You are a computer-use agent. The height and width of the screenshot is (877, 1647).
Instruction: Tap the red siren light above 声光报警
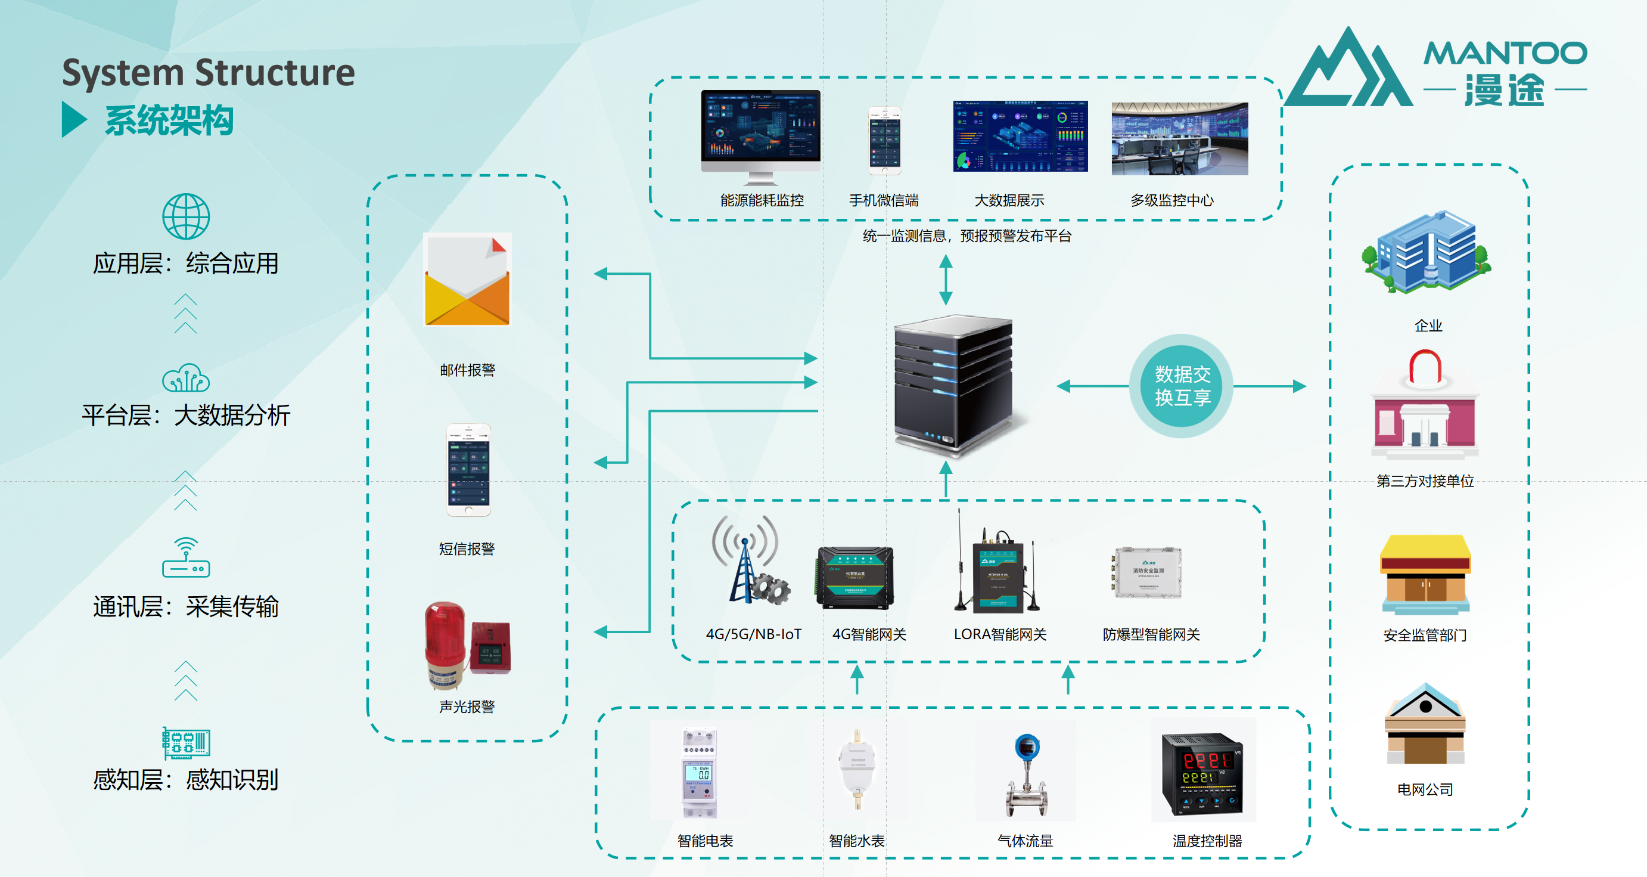[x=446, y=643]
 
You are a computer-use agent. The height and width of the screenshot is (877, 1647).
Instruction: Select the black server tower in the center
[x=953, y=384]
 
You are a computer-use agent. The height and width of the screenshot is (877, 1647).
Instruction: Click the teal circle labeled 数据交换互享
[x=1182, y=386]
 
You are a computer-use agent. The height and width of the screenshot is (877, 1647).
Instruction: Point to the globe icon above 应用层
[x=185, y=216]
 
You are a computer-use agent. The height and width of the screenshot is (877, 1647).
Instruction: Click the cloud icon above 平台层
[x=185, y=378]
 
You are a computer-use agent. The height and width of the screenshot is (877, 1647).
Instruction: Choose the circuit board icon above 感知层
[x=185, y=743]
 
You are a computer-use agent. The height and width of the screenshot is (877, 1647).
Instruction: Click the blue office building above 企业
[x=1425, y=252]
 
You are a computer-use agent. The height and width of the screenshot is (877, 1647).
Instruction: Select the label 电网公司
[x=1425, y=789]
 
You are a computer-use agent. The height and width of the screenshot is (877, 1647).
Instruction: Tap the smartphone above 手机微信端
[x=884, y=141]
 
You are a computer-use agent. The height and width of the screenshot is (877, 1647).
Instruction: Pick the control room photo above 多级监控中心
[x=1180, y=138]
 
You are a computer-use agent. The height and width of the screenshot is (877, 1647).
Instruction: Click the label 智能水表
[x=856, y=841]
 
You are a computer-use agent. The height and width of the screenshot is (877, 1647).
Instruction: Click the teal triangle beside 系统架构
[x=74, y=120]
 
